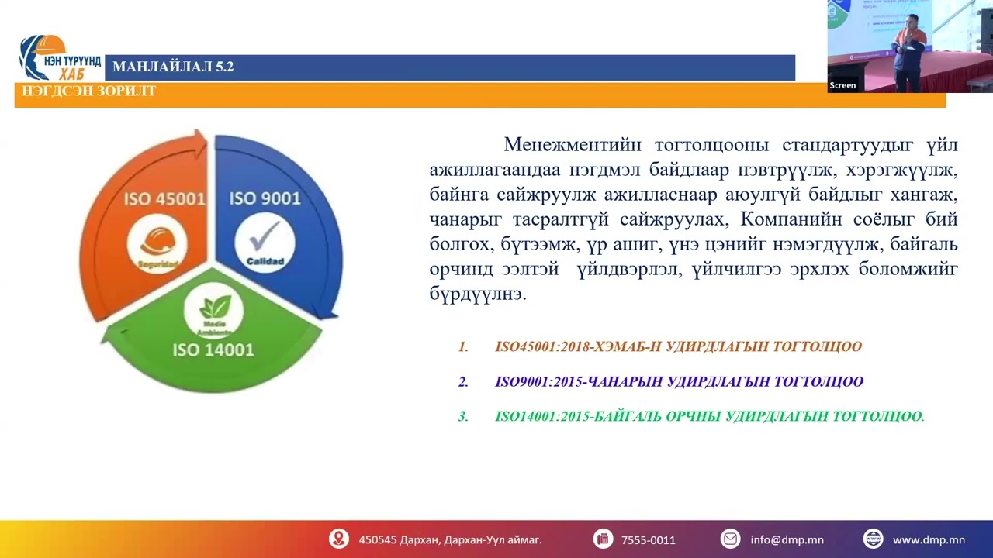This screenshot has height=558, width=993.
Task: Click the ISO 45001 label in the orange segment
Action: coord(164,199)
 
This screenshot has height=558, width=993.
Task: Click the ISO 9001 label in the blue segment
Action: coord(265,199)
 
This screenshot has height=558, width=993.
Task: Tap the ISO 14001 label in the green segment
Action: coord(213,350)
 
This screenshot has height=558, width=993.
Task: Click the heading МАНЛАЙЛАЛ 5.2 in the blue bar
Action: coord(173,67)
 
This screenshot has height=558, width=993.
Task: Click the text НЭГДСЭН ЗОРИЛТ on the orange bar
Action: coord(89,91)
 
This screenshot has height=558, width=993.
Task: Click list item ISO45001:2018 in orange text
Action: coord(678,346)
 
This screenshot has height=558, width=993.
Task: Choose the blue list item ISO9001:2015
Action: coord(679,381)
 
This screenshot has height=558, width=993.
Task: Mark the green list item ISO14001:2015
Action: coord(709,416)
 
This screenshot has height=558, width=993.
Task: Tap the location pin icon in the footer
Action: coord(338,539)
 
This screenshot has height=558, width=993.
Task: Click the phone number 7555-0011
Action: coord(648,539)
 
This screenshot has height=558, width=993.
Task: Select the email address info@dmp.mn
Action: coord(787,539)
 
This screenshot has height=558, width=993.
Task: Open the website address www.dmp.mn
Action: coord(928,539)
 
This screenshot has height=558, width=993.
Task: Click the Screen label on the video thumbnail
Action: coord(842,85)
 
